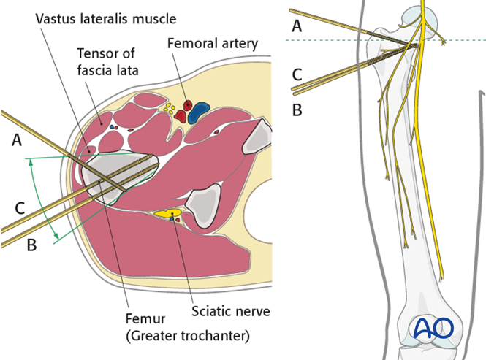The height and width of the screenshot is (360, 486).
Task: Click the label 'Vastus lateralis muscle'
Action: (x=101, y=15)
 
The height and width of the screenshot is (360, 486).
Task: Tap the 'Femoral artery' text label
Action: (x=213, y=43)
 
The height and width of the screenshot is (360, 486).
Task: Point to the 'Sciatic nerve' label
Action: (x=231, y=311)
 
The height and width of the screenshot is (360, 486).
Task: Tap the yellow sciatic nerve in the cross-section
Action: (x=164, y=215)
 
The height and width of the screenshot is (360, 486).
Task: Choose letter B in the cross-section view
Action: (x=31, y=245)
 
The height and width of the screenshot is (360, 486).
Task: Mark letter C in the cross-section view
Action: (x=20, y=208)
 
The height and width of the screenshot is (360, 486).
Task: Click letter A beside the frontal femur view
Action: (x=297, y=26)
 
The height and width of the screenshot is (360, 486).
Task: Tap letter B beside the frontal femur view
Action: (x=297, y=110)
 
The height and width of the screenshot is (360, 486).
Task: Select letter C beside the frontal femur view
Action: (x=297, y=74)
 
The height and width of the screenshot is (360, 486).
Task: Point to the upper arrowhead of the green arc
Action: (x=30, y=163)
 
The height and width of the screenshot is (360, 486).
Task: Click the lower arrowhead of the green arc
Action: (x=56, y=237)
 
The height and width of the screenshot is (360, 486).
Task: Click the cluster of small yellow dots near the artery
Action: (x=170, y=110)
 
